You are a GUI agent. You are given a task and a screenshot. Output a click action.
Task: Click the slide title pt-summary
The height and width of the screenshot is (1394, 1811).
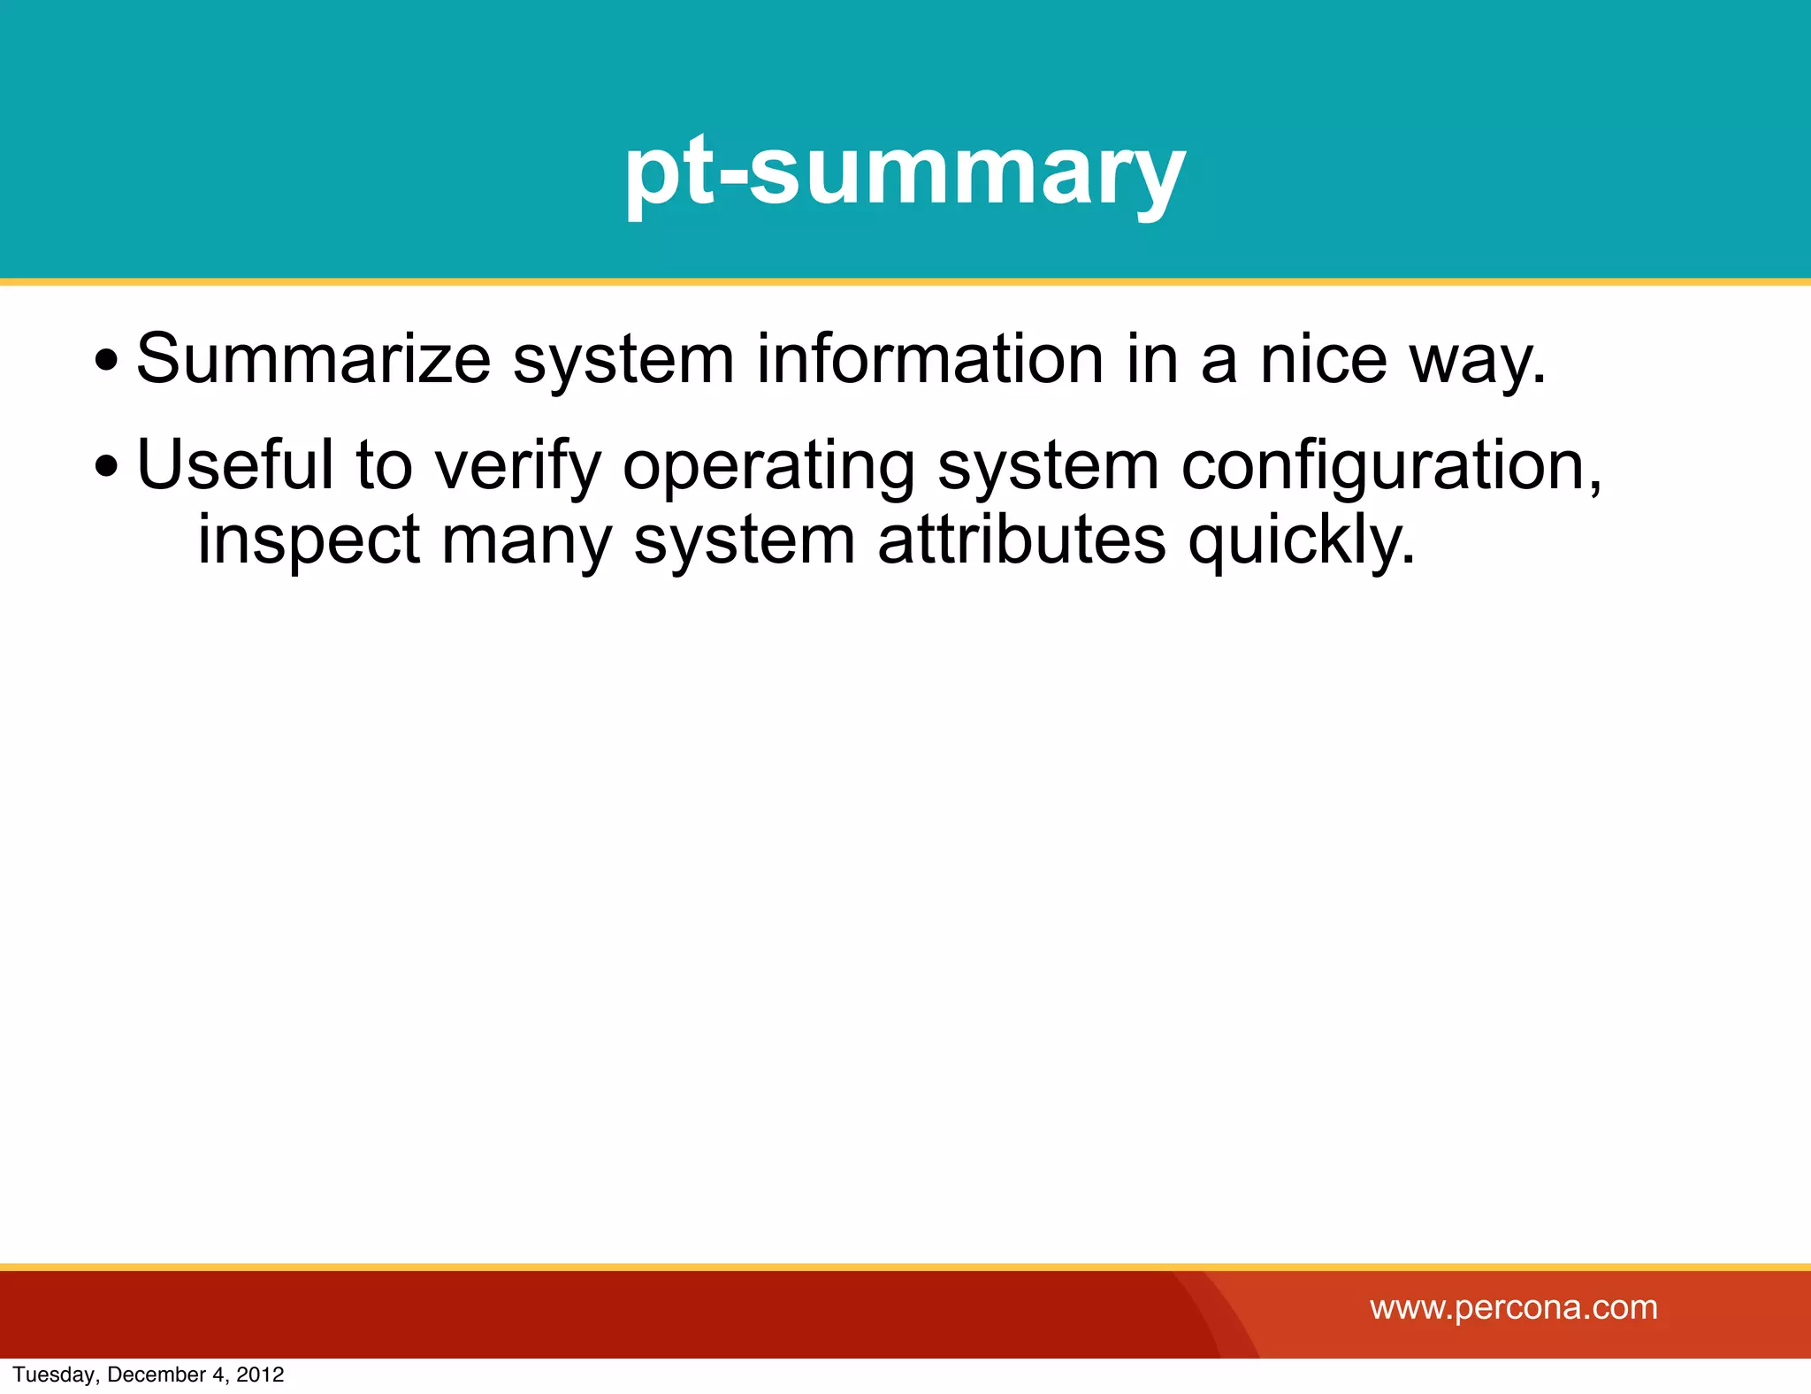tap(905, 172)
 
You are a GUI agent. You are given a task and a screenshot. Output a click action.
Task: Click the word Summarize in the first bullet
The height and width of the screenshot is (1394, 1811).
tap(313, 359)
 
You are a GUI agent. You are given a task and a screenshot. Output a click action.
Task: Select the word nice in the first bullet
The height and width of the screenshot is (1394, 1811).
tap(1323, 359)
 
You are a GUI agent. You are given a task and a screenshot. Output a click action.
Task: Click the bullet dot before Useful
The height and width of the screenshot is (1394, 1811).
tap(106, 466)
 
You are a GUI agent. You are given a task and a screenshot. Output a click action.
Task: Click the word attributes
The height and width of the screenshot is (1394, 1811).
tap(1021, 540)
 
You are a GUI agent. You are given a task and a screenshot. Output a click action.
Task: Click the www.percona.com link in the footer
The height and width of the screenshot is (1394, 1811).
tap(1513, 1307)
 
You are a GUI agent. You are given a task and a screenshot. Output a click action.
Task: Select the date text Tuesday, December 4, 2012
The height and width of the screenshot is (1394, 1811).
tap(148, 1375)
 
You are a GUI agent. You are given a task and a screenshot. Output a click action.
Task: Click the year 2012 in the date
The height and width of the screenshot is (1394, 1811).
tap(260, 1375)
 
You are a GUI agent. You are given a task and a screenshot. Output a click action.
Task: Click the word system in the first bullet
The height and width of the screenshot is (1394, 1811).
tap(623, 361)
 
